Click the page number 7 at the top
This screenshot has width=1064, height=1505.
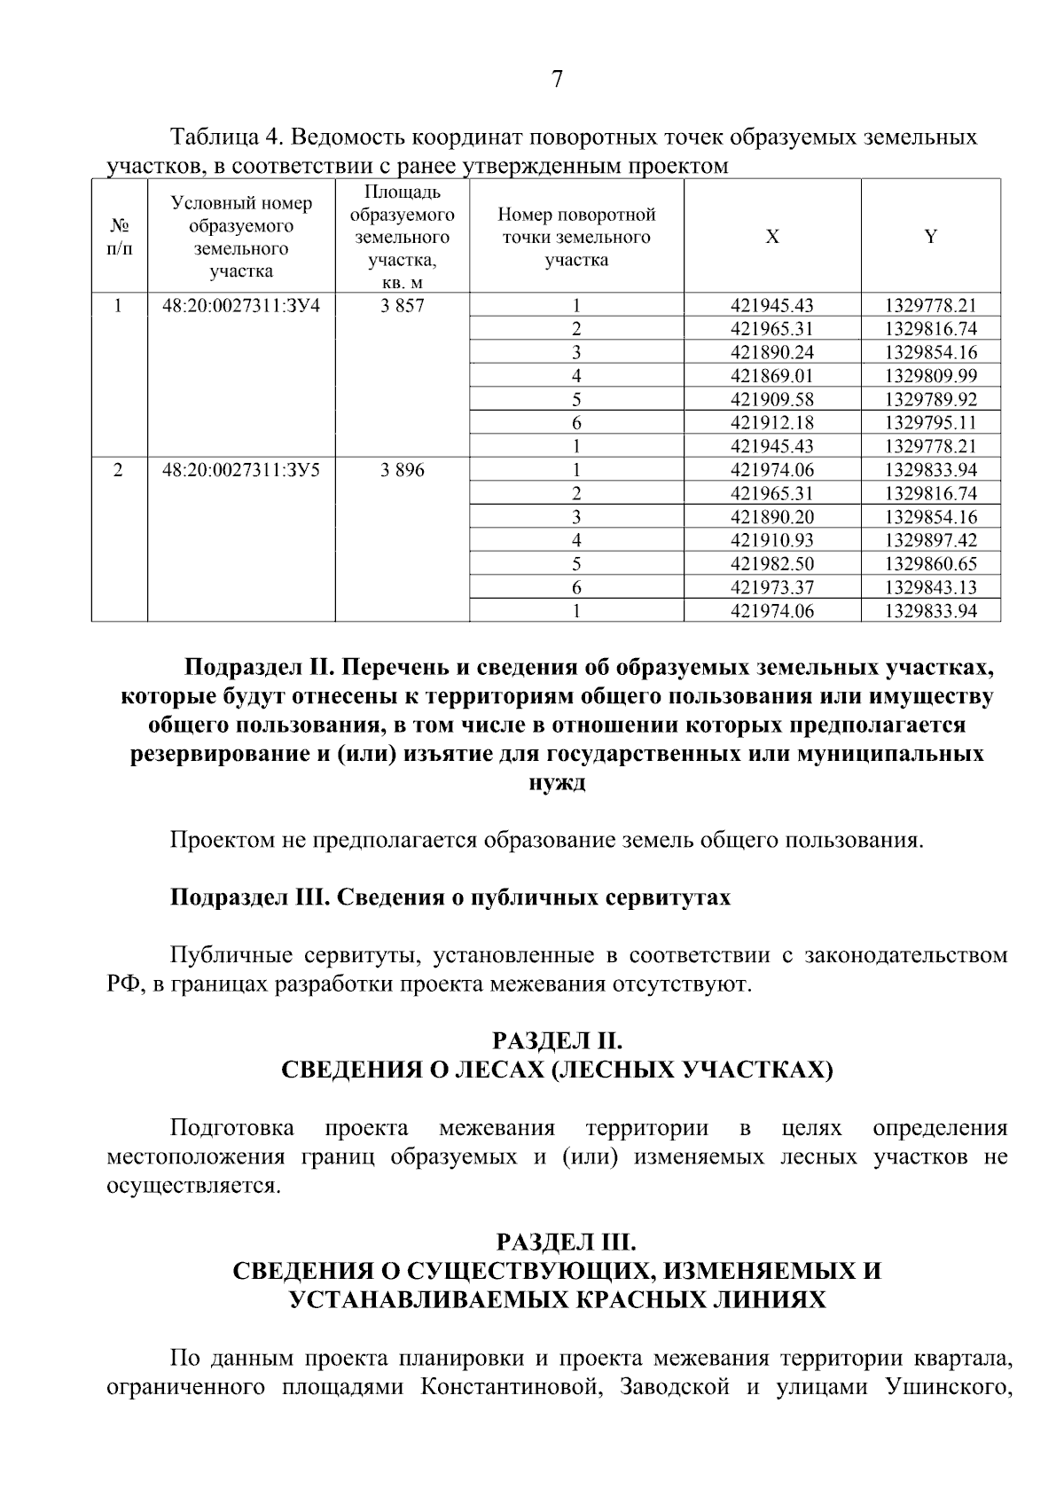557,80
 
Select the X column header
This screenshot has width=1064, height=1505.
772,237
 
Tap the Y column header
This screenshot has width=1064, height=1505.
930,237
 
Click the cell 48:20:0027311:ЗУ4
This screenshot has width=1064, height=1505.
240,306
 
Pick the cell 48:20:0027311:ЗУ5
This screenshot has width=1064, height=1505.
240,470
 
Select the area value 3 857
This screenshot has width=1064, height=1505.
402,306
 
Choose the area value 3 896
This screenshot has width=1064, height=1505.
402,470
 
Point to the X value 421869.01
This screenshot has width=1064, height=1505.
771,376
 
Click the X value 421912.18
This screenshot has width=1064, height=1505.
771,423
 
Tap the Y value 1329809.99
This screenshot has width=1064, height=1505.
930,376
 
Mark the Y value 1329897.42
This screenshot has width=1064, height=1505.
930,540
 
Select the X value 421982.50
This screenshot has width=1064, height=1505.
771,564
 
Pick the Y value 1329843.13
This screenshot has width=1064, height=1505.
930,587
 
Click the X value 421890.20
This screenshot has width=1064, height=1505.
771,517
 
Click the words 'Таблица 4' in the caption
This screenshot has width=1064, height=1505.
226,137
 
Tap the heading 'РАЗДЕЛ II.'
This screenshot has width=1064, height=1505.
557,1040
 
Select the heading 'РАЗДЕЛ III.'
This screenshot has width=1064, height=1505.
557,1241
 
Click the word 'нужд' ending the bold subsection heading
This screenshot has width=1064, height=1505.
557,784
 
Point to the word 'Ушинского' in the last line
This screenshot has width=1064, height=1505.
948,1388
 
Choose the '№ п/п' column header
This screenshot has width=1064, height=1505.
119,237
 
